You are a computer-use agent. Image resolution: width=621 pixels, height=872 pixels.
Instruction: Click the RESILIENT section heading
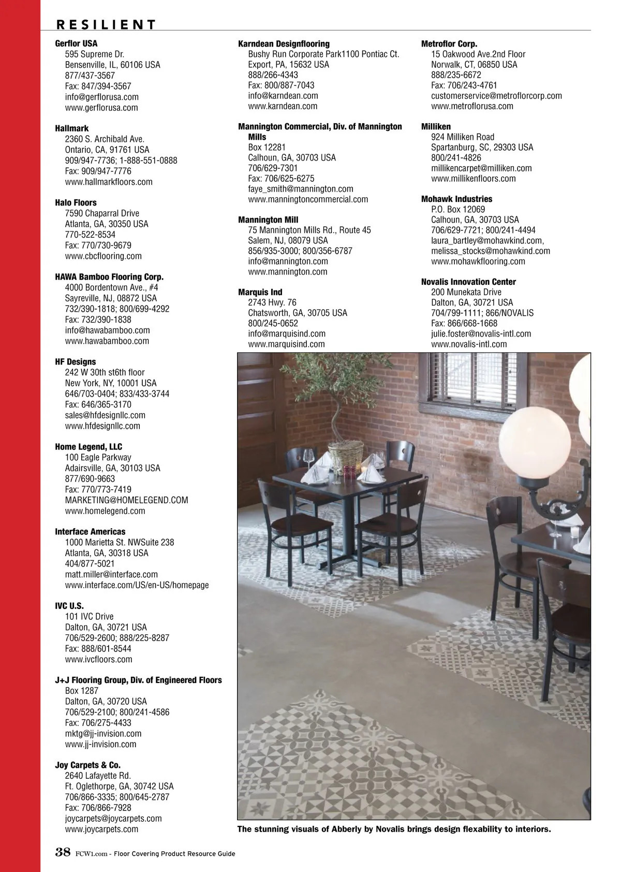[x=106, y=24]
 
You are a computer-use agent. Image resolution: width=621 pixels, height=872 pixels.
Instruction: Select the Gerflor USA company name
[x=76, y=43]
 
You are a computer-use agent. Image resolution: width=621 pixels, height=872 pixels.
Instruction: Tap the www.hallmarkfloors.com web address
[x=109, y=182]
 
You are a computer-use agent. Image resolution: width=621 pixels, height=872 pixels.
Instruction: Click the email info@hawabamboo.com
[x=107, y=330]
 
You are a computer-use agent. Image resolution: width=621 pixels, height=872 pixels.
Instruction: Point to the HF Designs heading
[x=75, y=361]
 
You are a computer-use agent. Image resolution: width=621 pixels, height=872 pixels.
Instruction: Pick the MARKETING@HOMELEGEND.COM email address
[x=126, y=500]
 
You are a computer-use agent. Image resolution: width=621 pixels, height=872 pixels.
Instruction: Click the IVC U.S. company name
[x=69, y=606]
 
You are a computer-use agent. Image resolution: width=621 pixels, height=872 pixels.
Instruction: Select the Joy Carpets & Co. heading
[x=87, y=765]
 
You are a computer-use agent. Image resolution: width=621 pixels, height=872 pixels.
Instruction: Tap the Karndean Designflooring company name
[x=284, y=43]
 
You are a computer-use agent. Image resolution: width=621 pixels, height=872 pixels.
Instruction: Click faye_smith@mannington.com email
[x=301, y=189]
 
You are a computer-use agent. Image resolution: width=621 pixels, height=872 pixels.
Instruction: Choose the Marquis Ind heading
[x=260, y=292]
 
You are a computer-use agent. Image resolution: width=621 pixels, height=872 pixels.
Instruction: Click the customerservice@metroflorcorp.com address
[x=496, y=96]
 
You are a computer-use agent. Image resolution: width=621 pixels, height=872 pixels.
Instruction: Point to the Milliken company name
[x=436, y=126]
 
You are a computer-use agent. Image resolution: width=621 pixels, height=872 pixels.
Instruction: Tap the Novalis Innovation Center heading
[x=468, y=282]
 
